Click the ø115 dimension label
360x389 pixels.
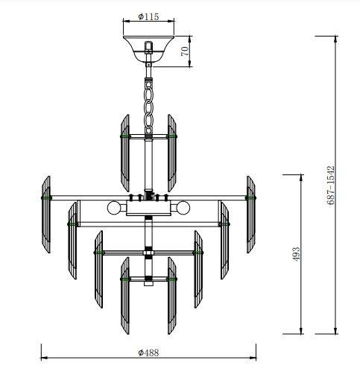[149, 15]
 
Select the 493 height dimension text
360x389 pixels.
[295, 253]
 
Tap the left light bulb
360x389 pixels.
[114, 206]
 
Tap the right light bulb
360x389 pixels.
[183, 206]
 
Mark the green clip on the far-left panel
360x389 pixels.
[45, 197]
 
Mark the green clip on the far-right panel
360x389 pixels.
[253, 197]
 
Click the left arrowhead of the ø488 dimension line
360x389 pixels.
[42, 358]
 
